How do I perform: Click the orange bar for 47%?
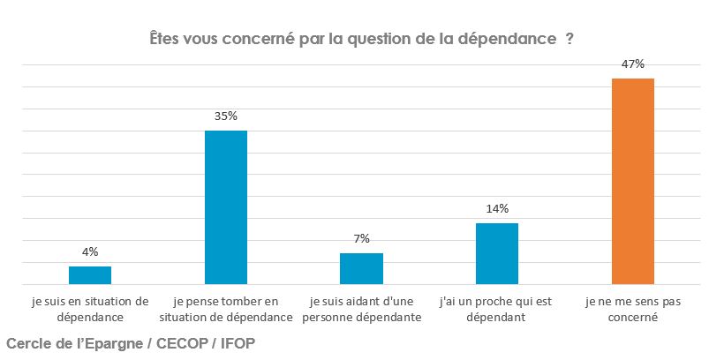pos(633,181)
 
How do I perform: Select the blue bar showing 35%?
pos(226,207)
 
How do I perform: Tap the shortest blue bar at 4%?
pos(90,275)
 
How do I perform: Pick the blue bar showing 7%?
pos(361,269)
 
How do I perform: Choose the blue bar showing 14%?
pos(497,254)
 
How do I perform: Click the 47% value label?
pos(633,64)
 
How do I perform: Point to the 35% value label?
pos(226,116)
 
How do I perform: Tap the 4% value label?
pos(90,251)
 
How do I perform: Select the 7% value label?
pos(361,238)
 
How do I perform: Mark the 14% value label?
pos(497,208)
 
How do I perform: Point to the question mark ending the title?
pos(569,40)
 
